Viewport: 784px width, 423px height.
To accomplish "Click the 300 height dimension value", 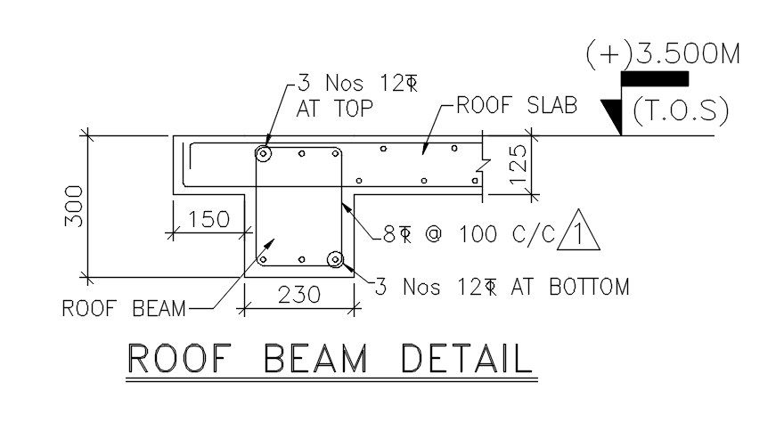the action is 74,206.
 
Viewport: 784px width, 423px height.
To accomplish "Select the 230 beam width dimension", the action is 299,295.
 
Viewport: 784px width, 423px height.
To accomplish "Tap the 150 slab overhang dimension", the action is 209,219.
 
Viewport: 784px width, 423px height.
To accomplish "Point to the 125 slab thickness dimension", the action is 519,165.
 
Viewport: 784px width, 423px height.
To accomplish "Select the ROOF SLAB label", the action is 517,105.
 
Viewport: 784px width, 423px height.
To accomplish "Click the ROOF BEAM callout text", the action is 124,308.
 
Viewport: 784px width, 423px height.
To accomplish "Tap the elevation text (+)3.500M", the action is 663,54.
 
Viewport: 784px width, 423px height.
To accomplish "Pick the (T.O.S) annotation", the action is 681,111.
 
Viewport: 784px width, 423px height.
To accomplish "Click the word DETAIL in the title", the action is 467,358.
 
